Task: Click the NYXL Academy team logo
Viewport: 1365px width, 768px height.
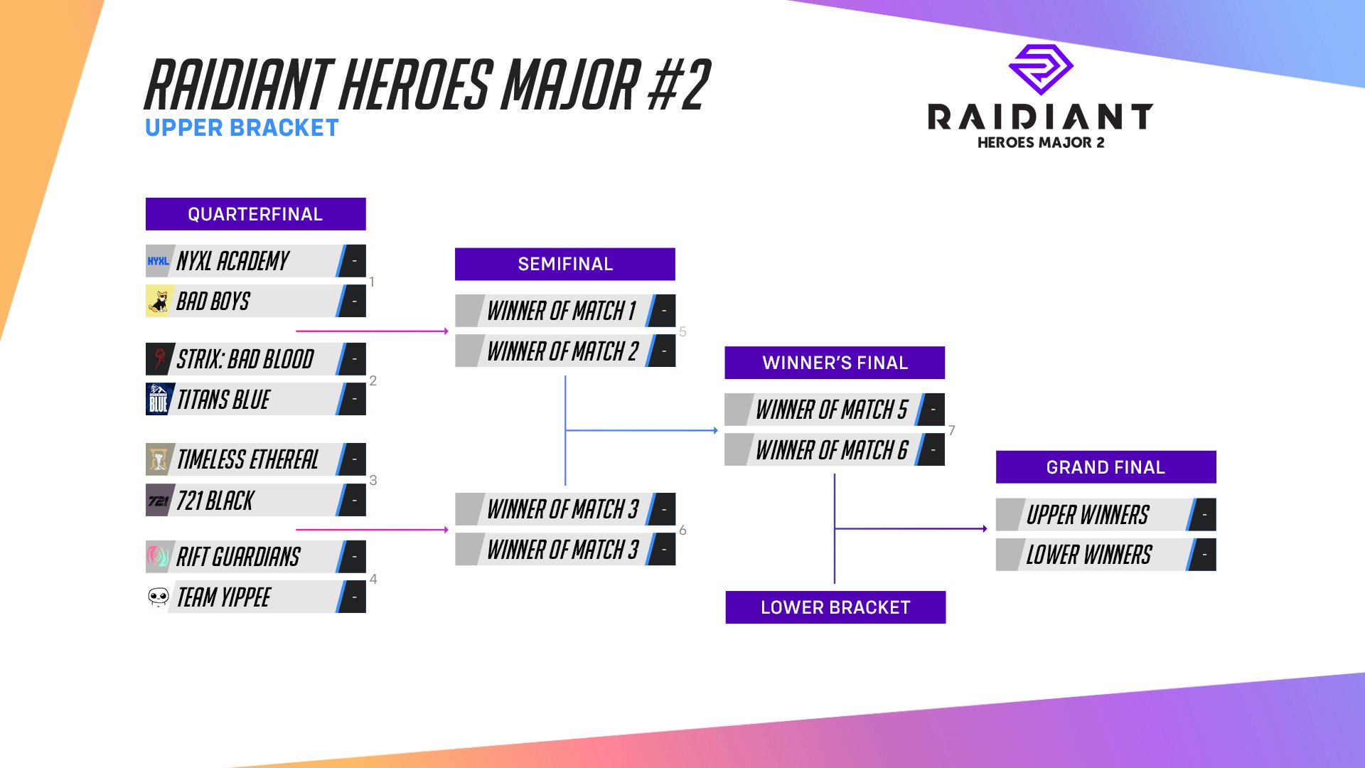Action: coord(158,261)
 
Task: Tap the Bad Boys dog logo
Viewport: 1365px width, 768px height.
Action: coord(158,302)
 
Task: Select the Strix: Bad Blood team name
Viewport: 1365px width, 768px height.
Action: coord(245,360)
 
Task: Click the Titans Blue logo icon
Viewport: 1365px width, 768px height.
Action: coord(158,400)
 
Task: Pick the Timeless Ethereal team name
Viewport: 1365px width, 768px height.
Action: coord(247,460)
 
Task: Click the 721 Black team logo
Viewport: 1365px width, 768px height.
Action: coord(158,501)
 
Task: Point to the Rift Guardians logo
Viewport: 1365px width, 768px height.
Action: coord(158,557)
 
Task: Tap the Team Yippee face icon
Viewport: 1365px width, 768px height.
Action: coord(158,597)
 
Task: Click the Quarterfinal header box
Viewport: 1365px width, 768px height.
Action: coord(255,214)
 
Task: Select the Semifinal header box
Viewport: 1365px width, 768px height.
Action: coord(564,264)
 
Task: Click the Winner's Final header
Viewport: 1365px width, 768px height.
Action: coord(835,363)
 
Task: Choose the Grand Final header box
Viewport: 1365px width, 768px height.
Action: coord(1106,467)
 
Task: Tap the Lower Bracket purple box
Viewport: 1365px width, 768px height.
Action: coord(835,607)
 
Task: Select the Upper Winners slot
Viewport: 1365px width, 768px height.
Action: coord(1088,515)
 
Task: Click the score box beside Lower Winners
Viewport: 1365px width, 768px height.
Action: coord(1204,555)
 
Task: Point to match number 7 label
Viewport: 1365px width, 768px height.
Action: coord(952,430)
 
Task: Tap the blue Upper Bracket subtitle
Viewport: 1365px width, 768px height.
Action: coord(242,128)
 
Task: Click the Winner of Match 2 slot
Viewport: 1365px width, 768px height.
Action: coord(562,351)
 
